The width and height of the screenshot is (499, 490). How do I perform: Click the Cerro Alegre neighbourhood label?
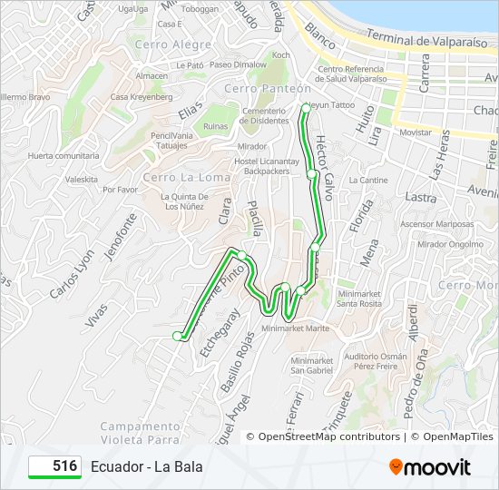(172, 44)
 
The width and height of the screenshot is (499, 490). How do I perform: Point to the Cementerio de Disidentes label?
(265, 113)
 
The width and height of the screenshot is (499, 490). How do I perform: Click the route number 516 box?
(54, 466)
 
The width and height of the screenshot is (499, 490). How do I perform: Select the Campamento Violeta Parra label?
(141, 432)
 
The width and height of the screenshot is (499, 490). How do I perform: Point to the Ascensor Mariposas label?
(437, 223)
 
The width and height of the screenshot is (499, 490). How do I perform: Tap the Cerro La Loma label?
(174, 177)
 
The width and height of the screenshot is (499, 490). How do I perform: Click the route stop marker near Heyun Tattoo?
(305, 108)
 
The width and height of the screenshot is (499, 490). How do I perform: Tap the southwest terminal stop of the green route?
(178, 336)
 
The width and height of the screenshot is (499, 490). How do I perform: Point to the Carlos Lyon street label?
(72, 275)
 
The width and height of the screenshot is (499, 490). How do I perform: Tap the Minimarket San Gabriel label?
(312, 365)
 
